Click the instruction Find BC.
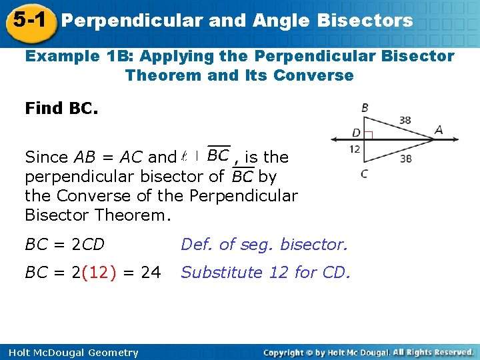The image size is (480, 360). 61,107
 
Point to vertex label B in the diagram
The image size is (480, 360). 365,107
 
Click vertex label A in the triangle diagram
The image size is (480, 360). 438,130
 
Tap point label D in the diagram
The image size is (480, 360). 356,133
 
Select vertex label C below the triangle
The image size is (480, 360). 364,175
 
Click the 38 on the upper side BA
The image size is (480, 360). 405,120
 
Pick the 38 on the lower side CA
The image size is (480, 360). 405,159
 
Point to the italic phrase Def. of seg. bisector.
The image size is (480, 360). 265,245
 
